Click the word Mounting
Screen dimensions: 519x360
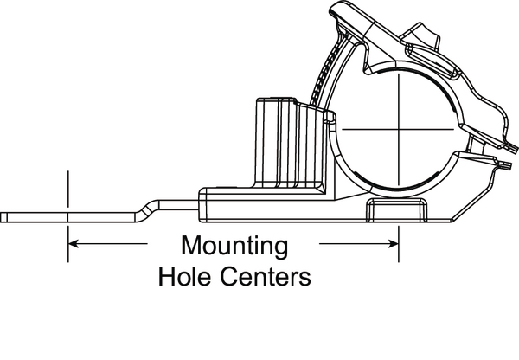(x=234, y=247)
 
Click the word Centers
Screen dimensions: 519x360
(x=266, y=276)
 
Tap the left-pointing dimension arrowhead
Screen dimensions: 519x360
(x=74, y=244)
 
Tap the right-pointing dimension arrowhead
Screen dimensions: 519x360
(x=394, y=244)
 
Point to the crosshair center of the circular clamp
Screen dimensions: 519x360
(x=399, y=129)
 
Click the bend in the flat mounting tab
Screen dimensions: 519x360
(x=147, y=209)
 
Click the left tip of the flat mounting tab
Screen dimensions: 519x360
(x=1, y=217)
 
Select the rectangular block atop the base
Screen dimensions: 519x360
(x=289, y=144)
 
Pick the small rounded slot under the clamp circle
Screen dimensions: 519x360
(x=396, y=209)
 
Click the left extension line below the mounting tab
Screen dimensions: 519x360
(x=67, y=244)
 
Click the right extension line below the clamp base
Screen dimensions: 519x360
(x=399, y=244)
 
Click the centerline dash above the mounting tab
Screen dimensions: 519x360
(x=67, y=189)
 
